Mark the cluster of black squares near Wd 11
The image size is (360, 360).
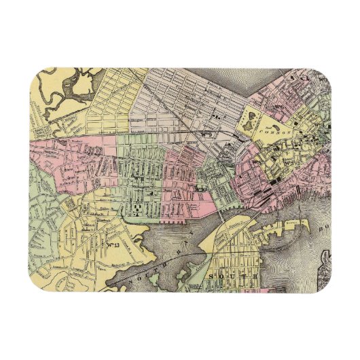click(138, 205)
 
